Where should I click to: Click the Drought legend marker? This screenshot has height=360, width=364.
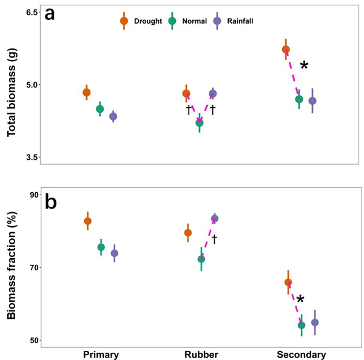124,21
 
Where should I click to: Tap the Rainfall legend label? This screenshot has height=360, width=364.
240,21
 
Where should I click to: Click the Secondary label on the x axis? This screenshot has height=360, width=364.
301,355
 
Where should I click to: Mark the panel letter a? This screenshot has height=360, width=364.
50,14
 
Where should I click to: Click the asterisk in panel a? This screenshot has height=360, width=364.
304,66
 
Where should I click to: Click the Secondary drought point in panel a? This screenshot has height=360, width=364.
286,49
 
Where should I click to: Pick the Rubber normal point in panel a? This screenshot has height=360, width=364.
200,122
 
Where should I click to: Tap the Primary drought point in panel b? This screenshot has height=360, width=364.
87,221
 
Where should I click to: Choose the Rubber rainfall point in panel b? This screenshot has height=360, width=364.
214,218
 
